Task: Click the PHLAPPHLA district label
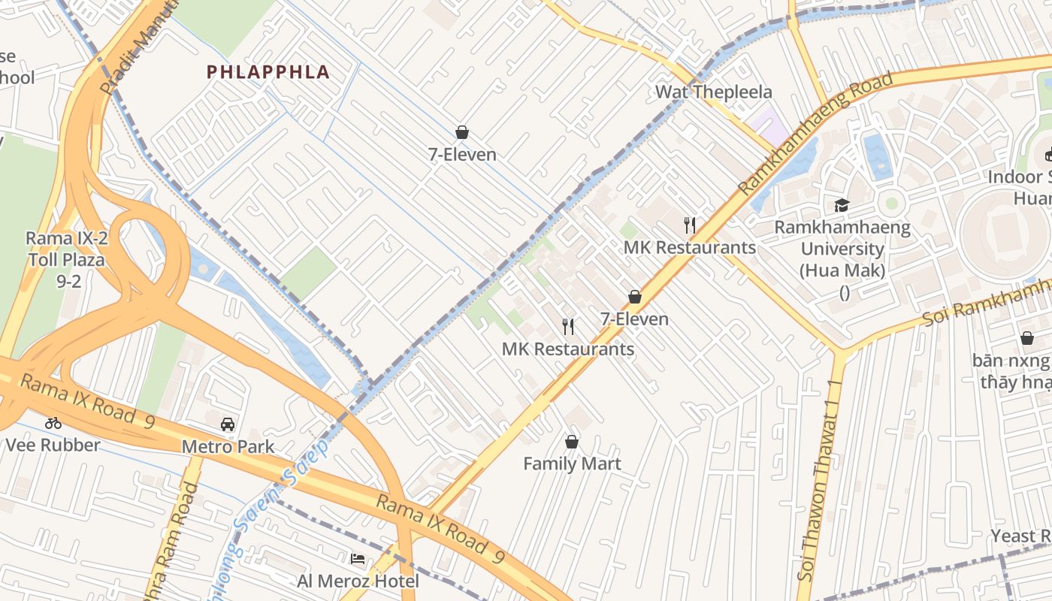click(268, 72)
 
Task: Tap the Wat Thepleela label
click(713, 92)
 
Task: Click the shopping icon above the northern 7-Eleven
click(462, 132)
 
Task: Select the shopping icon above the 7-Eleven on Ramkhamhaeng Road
click(635, 297)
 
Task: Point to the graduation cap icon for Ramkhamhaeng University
click(842, 205)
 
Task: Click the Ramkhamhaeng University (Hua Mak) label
click(842, 249)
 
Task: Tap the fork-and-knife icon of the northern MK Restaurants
click(690, 225)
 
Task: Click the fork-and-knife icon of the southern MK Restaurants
click(568, 326)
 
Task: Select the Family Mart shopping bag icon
click(572, 441)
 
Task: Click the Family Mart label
click(572, 464)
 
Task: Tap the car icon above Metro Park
click(228, 424)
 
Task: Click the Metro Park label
click(228, 447)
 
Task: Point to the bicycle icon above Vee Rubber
click(53, 422)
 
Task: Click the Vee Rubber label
click(53, 445)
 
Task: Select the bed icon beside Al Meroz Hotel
click(358, 559)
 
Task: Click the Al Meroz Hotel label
click(358, 581)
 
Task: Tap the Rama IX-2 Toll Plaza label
click(67, 260)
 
